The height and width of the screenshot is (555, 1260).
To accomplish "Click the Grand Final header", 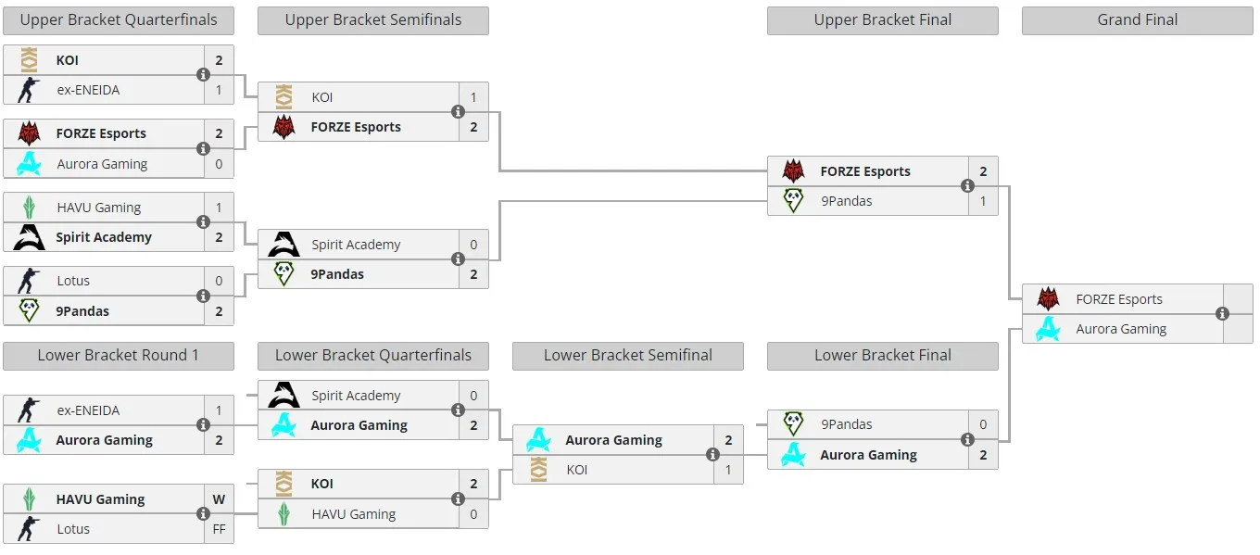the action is pyautogui.click(x=1137, y=20).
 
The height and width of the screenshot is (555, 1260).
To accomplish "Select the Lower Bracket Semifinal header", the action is pyautogui.click(x=628, y=356).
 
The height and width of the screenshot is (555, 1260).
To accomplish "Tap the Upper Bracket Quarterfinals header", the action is pyautogui.click(x=119, y=20).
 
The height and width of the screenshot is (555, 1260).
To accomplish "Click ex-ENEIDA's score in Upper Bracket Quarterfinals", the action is pyautogui.click(x=219, y=90).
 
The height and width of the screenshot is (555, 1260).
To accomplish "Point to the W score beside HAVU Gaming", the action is pyautogui.click(x=219, y=499).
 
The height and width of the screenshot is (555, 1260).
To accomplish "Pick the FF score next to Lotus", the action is pyautogui.click(x=219, y=529).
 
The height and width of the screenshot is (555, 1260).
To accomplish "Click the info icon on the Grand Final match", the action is pyautogui.click(x=1222, y=314).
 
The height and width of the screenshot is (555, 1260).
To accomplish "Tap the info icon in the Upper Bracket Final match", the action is pyautogui.click(x=967, y=186).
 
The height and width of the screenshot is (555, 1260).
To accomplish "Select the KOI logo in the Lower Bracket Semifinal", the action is pyautogui.click(x=538, y=470).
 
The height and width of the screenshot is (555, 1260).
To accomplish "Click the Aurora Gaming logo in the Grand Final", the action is pyautogui.click(x=1048, y=329).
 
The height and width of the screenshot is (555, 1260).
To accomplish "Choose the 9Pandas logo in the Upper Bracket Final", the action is pyautogui.click(x=793, y=201).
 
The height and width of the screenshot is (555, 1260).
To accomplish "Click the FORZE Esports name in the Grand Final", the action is pyautogui.click(x=1119, y=299).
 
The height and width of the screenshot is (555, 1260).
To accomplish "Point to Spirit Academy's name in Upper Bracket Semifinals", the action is pyautogui.click(x=356, y=245).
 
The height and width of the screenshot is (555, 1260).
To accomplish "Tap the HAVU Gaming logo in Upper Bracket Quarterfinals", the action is pyautogui.click(x=30, y=208).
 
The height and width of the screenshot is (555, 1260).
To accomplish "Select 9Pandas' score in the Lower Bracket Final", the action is pyautogui.click(x=983, y=424).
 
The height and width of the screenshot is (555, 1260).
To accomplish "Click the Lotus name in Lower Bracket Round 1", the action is pyautogui.click(x=73, y=529).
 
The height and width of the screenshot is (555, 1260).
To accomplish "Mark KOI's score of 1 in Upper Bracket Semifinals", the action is pyautogui.click(x=473, y=97).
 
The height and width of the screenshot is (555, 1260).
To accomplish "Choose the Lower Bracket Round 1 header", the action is pyautogui.click(x=119, y=356).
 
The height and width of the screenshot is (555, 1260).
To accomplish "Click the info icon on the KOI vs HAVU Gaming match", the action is pyautogui.click(x=458, y=498).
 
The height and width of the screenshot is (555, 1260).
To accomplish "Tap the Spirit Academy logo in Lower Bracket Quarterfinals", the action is pyautogui.click(x=283, y=395).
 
